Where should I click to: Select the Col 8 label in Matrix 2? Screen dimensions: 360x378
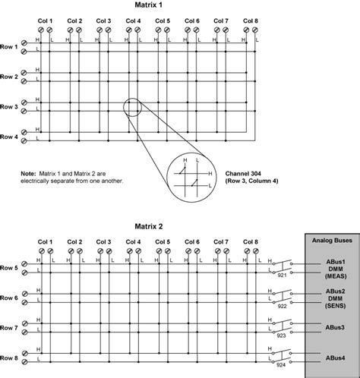tap(250, 242)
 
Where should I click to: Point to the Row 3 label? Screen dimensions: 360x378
tap(10, 107)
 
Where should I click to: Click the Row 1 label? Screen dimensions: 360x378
tap(10, 47)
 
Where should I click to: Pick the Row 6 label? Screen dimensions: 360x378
tap(10, 298)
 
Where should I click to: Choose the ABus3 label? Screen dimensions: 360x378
tap(330, 327)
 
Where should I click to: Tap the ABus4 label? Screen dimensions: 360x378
tap(330, 358)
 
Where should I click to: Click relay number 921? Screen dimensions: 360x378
tap(283, 275)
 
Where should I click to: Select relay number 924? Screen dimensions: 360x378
tap(283, 364)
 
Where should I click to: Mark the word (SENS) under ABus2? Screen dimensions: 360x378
tap(330, 307)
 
